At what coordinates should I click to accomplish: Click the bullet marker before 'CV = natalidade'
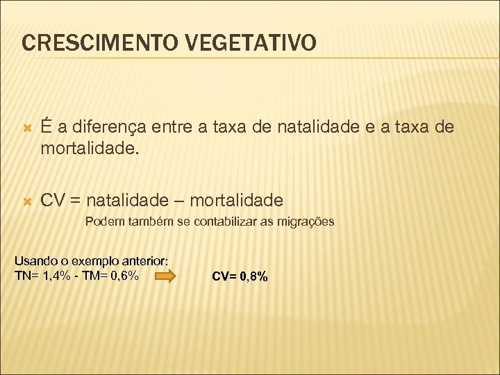(x=27, y=202)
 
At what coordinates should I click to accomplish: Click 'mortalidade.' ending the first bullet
(x=89, y=148)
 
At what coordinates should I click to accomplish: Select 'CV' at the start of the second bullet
(x=53, y=201)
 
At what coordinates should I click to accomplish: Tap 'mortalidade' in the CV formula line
(x=236, y=201)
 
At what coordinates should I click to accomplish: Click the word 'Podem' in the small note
(x=101, y=222)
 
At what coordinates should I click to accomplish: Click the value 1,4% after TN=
(x=56, y=276)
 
